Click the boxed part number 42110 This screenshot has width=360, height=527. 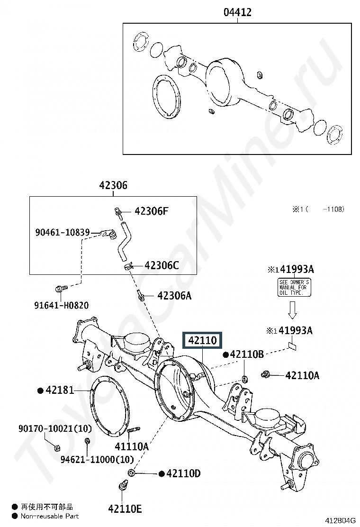(202, 340)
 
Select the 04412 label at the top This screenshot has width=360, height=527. (237, 12)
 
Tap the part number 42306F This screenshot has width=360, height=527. (151, 211)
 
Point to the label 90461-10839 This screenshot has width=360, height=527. (63, 232)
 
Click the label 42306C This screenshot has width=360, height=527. (162, 265)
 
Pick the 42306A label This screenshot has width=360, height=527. (174, 296)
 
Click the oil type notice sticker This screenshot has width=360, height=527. (294, 287)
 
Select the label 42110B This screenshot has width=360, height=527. (246, 354)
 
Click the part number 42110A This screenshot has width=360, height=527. (302, 375)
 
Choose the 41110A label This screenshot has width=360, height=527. (132, 446)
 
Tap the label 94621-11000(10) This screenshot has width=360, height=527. (97, 459)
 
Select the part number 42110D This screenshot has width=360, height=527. (183, 473)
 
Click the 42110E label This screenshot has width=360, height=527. (125, 509)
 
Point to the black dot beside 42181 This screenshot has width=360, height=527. (41, 390)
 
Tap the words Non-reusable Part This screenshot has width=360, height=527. (49, 516)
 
